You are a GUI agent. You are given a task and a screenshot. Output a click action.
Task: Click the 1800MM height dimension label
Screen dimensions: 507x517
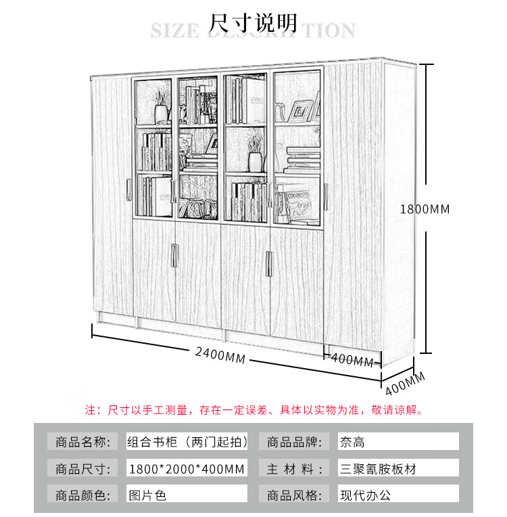point(425,209)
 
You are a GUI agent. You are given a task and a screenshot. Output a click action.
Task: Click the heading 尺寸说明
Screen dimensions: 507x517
point(254,23)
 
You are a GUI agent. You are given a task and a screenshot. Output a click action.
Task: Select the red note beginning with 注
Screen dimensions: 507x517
point(254,410)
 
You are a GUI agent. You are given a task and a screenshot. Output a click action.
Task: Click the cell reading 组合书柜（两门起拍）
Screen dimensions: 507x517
point(187,443)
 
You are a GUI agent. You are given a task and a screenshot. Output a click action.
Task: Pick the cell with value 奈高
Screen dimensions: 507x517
point(398,443)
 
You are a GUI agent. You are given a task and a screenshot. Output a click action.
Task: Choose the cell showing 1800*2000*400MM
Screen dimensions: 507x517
point(187,468)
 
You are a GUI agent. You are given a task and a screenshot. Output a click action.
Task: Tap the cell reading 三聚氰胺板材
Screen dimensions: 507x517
point(398,468)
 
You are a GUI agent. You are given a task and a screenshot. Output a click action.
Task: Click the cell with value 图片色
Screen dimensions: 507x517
point(187,495)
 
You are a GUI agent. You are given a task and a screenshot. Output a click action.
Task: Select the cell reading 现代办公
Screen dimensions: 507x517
point(398,495)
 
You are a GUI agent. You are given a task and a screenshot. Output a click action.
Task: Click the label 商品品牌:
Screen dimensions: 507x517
point(293,443)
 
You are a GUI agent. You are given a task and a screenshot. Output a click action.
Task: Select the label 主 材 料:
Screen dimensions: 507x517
point(293,468)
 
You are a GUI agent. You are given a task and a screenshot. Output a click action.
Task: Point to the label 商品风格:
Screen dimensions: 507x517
point(293,495)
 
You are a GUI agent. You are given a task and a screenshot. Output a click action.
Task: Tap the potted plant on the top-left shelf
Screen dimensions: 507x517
point(162,108)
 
